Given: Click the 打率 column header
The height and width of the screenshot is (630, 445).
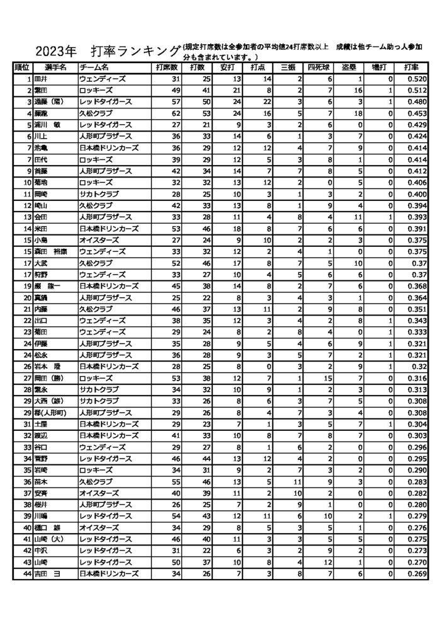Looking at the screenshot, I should (x=412, y=67).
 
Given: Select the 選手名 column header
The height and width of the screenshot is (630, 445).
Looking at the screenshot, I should (x=55, y=67).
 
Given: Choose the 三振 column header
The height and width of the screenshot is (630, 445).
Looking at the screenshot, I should (x=289, y=67).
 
